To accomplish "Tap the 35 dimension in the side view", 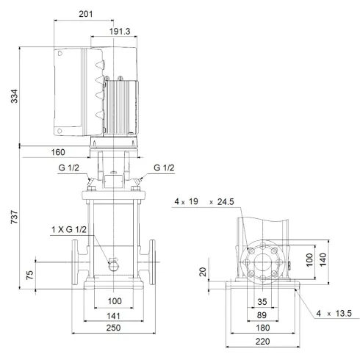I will (x=262, y=301).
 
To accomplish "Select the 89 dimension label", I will (x=262, y=314).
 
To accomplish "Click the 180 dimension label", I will (x=262, y=328).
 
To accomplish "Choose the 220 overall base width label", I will (x=262, y=341).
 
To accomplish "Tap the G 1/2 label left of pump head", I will (x=70, y=168).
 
